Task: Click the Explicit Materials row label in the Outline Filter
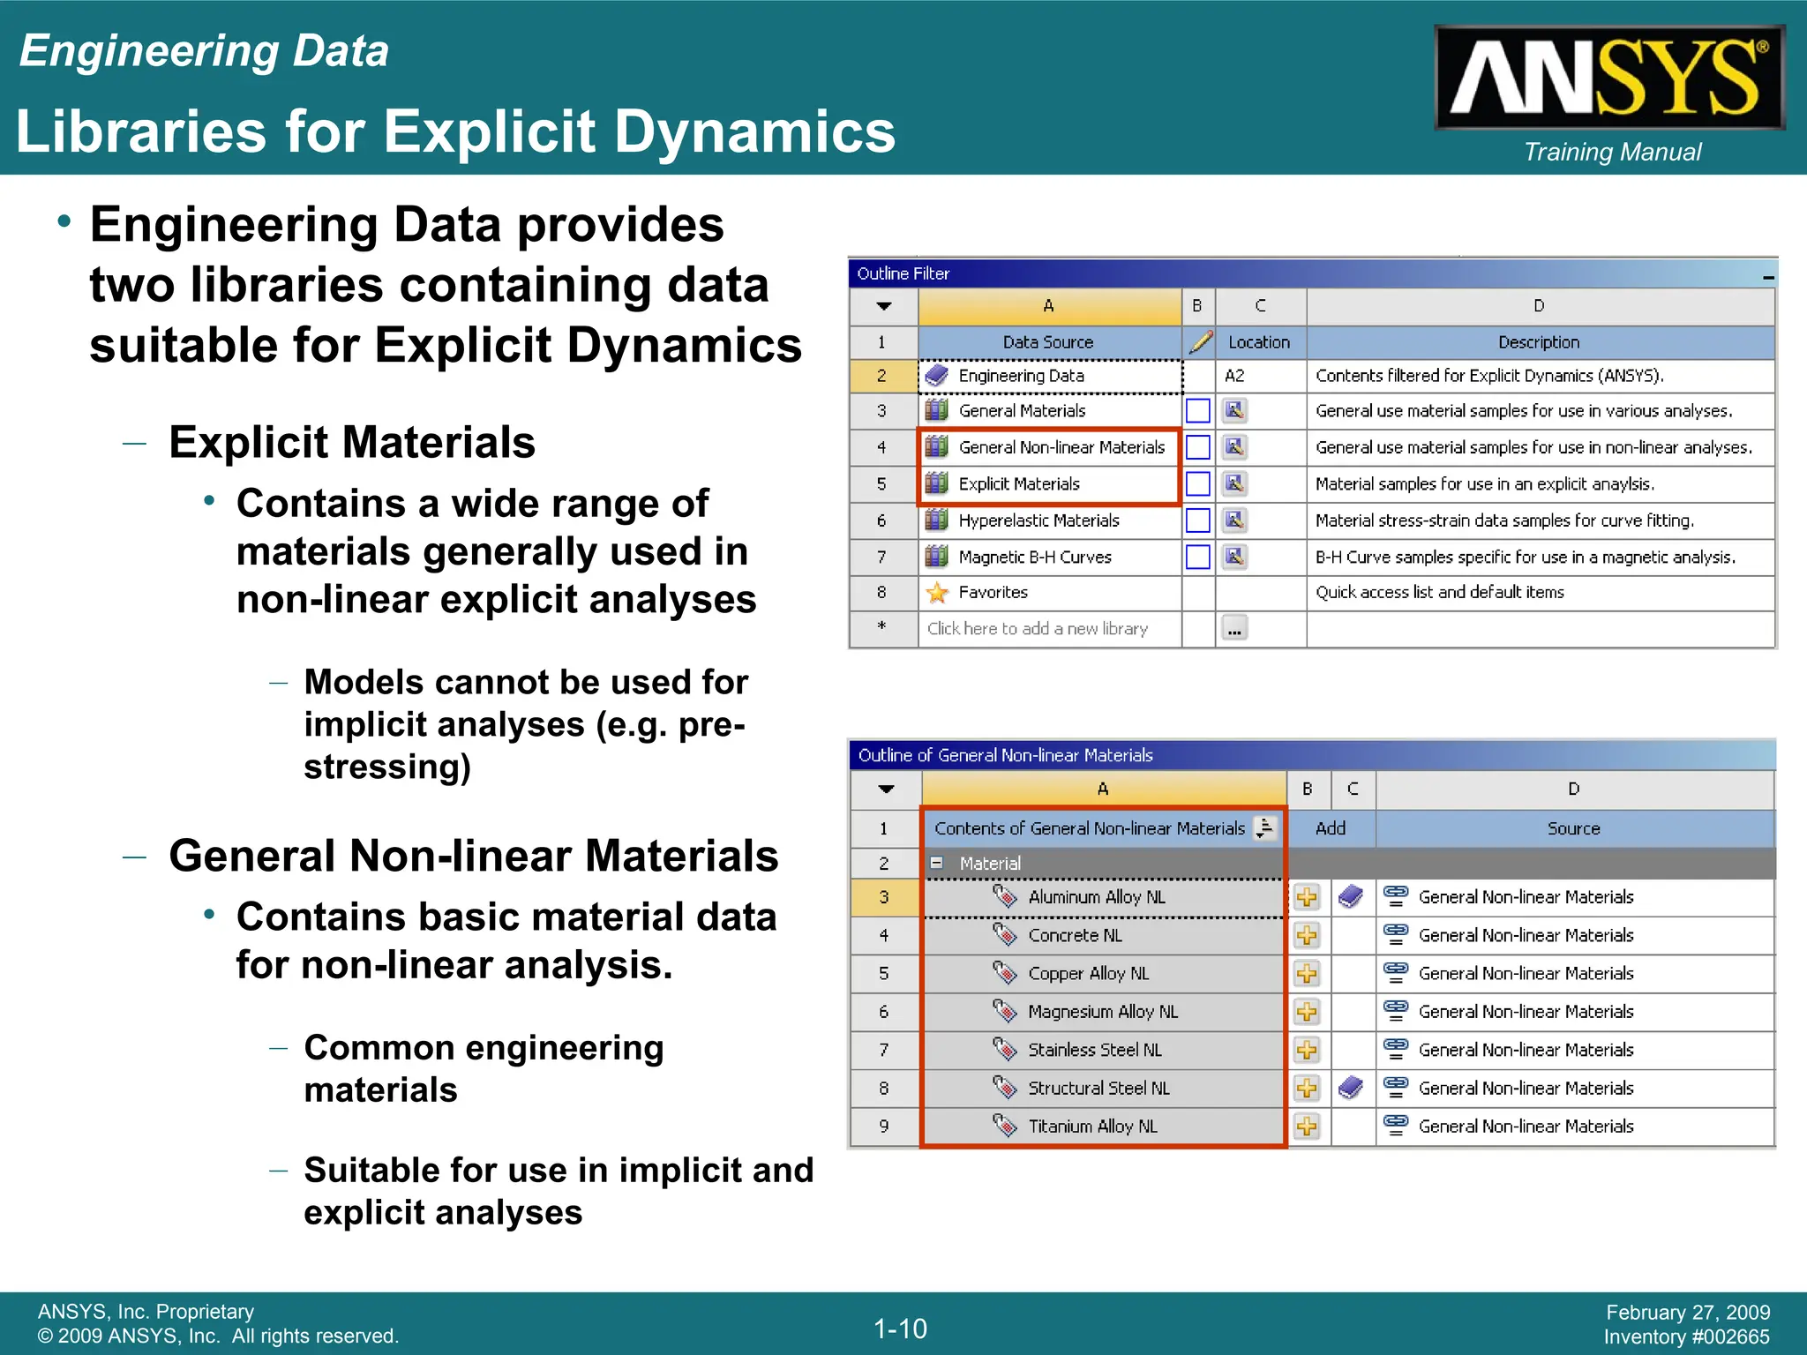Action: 1018,483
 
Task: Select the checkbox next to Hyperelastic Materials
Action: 1197,520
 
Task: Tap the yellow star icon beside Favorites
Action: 937,593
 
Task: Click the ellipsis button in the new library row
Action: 1234,629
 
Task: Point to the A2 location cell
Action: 1234,376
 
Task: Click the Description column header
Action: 1539,342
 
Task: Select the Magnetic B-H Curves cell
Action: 1034,557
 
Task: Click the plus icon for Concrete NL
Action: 1307,935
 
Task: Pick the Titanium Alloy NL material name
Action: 1092,1127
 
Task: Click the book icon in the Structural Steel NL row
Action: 1351,1088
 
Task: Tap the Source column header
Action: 1573,828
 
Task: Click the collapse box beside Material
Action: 937,863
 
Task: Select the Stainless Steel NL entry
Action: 1094,1050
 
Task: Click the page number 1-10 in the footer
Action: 900,1329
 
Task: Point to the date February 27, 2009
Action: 1687,1313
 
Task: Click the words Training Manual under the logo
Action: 1612,152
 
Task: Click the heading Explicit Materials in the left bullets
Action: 352,442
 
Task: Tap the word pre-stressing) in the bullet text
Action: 388,766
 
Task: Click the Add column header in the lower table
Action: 1330,828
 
